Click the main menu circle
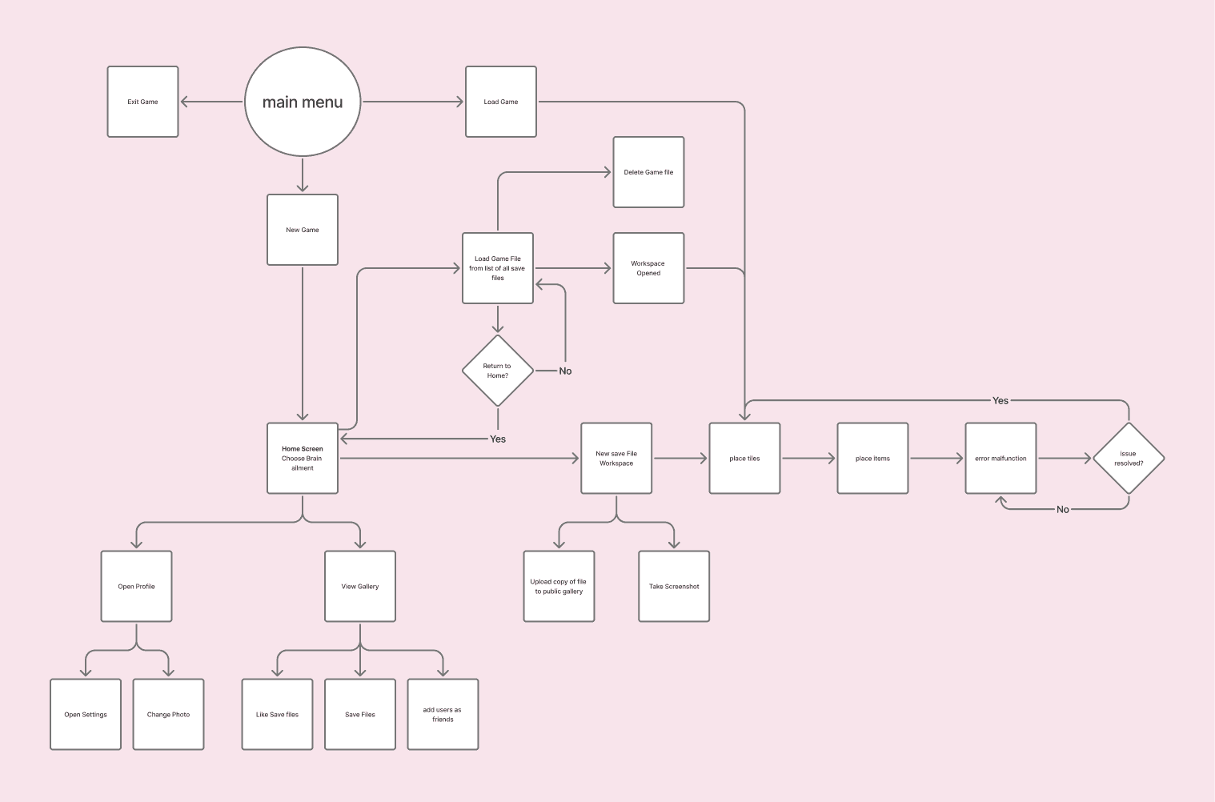(x=303, y=102)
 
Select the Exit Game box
(x=142, y=102)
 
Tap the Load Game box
(x=501, y=102)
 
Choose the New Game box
(x=303, y=230)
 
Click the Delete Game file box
(x=648, y=172)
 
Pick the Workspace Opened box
(x=648, y=268)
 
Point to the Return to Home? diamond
(x=498, y=371)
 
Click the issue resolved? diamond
(x=1129, y=459)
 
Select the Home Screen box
(x=303, y=459)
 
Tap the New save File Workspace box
(x=616, y=459)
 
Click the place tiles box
(x=744, y=459)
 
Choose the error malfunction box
(x=1000, y=459)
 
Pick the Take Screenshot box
(x=674, y=587)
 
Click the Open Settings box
(x=86, y=715)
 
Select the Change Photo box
(x=168, y=715)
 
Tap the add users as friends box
(x=443, y=715)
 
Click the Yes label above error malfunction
(x=1000, y=400)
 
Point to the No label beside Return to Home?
(x=565, y=371)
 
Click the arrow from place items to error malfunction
(x=936, y=459)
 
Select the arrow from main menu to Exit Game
(x=211, y=102)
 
